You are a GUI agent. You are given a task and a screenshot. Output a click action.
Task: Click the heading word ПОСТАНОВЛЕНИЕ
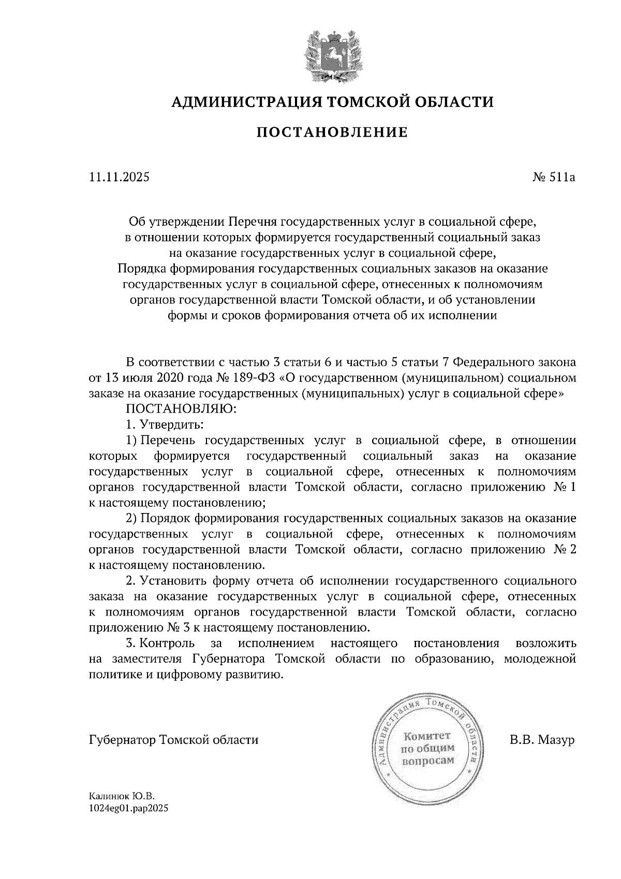click(x=332, y=133)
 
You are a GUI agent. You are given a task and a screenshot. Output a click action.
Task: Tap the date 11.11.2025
click(x=119, y=178)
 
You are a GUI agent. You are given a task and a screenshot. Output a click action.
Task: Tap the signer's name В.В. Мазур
click(x=542, y=740)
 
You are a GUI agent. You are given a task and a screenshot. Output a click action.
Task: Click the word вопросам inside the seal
click(x=428, y=760)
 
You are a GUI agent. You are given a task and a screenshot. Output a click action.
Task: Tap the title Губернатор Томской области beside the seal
click(x=173, y=740)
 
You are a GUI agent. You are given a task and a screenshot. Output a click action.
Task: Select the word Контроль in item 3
click(x=168, y=643)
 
